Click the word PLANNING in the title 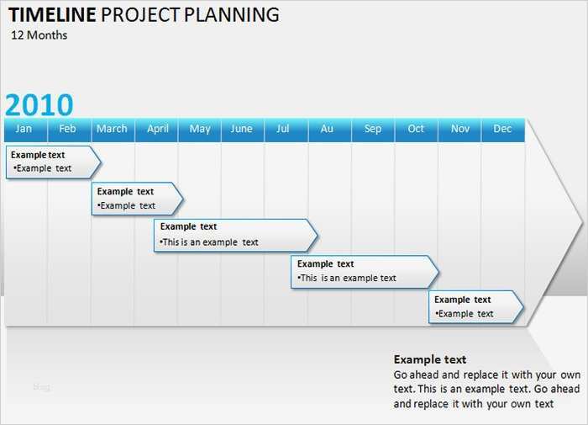tap(238, 14)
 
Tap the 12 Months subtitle tap(39, 35)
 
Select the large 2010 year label tap(39, 105)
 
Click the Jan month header tap(24, 129)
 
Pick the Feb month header tap(68, 129)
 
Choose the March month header tap(112, 129)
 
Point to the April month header tap(158, 129)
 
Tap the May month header tap(200, 129)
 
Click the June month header tap(241, 129)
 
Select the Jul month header tap(283, 129)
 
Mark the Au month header tap(327, 129)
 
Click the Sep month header tap(373, 129)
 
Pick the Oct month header tap(416, 129)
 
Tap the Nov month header tap(460, 129)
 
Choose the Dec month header tap(502, 129)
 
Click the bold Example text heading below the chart tap(430, 359)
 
